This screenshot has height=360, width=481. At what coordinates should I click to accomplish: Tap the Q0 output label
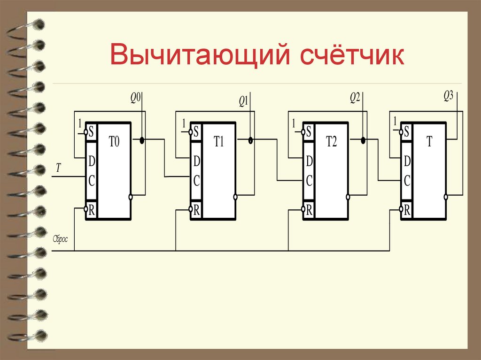tap(135, 98)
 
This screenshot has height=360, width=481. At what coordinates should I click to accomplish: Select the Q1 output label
tap(243, 100)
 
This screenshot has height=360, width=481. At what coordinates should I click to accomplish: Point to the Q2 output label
tap(355, 98)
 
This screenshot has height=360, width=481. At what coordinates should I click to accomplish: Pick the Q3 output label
tap(448, 96)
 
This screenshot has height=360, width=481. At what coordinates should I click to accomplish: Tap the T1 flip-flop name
tap(219, 142)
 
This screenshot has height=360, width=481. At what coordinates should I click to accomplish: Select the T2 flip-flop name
tap(332, 142)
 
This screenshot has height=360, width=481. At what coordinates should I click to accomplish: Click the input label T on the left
tap(58, 168)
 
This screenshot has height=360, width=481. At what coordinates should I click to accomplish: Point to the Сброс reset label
tap(61, 239)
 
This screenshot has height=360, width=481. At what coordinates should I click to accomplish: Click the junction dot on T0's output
tap(141, 140)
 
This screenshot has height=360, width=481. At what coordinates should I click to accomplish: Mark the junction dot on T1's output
tap(250, 140)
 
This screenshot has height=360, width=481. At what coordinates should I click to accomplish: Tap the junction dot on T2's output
tap(363, 140)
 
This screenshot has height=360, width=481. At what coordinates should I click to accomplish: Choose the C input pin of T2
tap(309, 181)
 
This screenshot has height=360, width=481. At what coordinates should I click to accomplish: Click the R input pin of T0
tap(91, 210)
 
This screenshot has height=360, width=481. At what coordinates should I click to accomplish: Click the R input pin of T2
tap(309, 210)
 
